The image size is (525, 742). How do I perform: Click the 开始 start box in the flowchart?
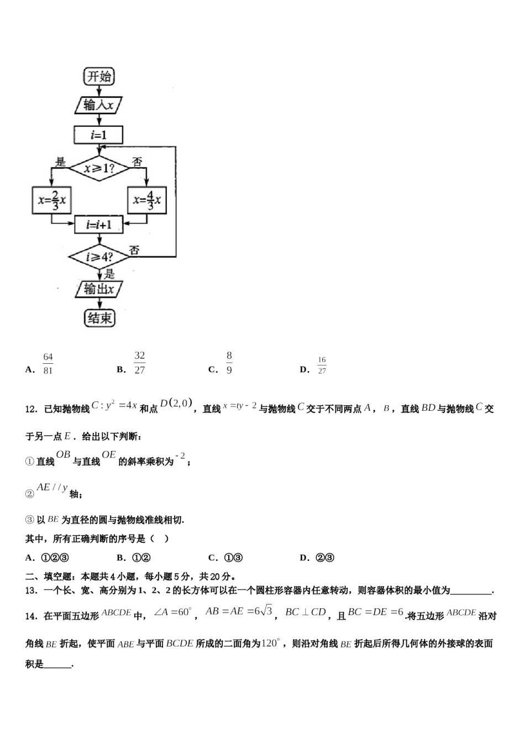(99, 76)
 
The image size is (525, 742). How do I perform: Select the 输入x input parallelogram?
(98, 105)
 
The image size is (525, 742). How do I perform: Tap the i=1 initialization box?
(99, 135)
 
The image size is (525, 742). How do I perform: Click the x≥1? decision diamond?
(99, 168)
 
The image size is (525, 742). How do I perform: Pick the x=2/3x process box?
(52, 201)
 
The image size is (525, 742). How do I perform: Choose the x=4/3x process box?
(147, 201)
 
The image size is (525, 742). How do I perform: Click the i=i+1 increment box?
(99, 225)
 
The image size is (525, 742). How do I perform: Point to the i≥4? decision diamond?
(99, 257)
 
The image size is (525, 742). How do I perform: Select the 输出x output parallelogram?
(99, 289)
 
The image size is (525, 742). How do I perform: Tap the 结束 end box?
(99, 318)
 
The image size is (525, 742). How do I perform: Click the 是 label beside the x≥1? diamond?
(61, 161)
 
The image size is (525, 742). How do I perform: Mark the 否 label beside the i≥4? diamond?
(134, 250)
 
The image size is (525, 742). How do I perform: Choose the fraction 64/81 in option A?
(48, 364)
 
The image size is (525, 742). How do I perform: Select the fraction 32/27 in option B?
(139, 363)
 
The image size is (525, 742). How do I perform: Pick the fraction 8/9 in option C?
(229, 363)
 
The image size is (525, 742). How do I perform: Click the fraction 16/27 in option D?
(322, 365)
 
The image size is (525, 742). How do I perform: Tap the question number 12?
(31, 409)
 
